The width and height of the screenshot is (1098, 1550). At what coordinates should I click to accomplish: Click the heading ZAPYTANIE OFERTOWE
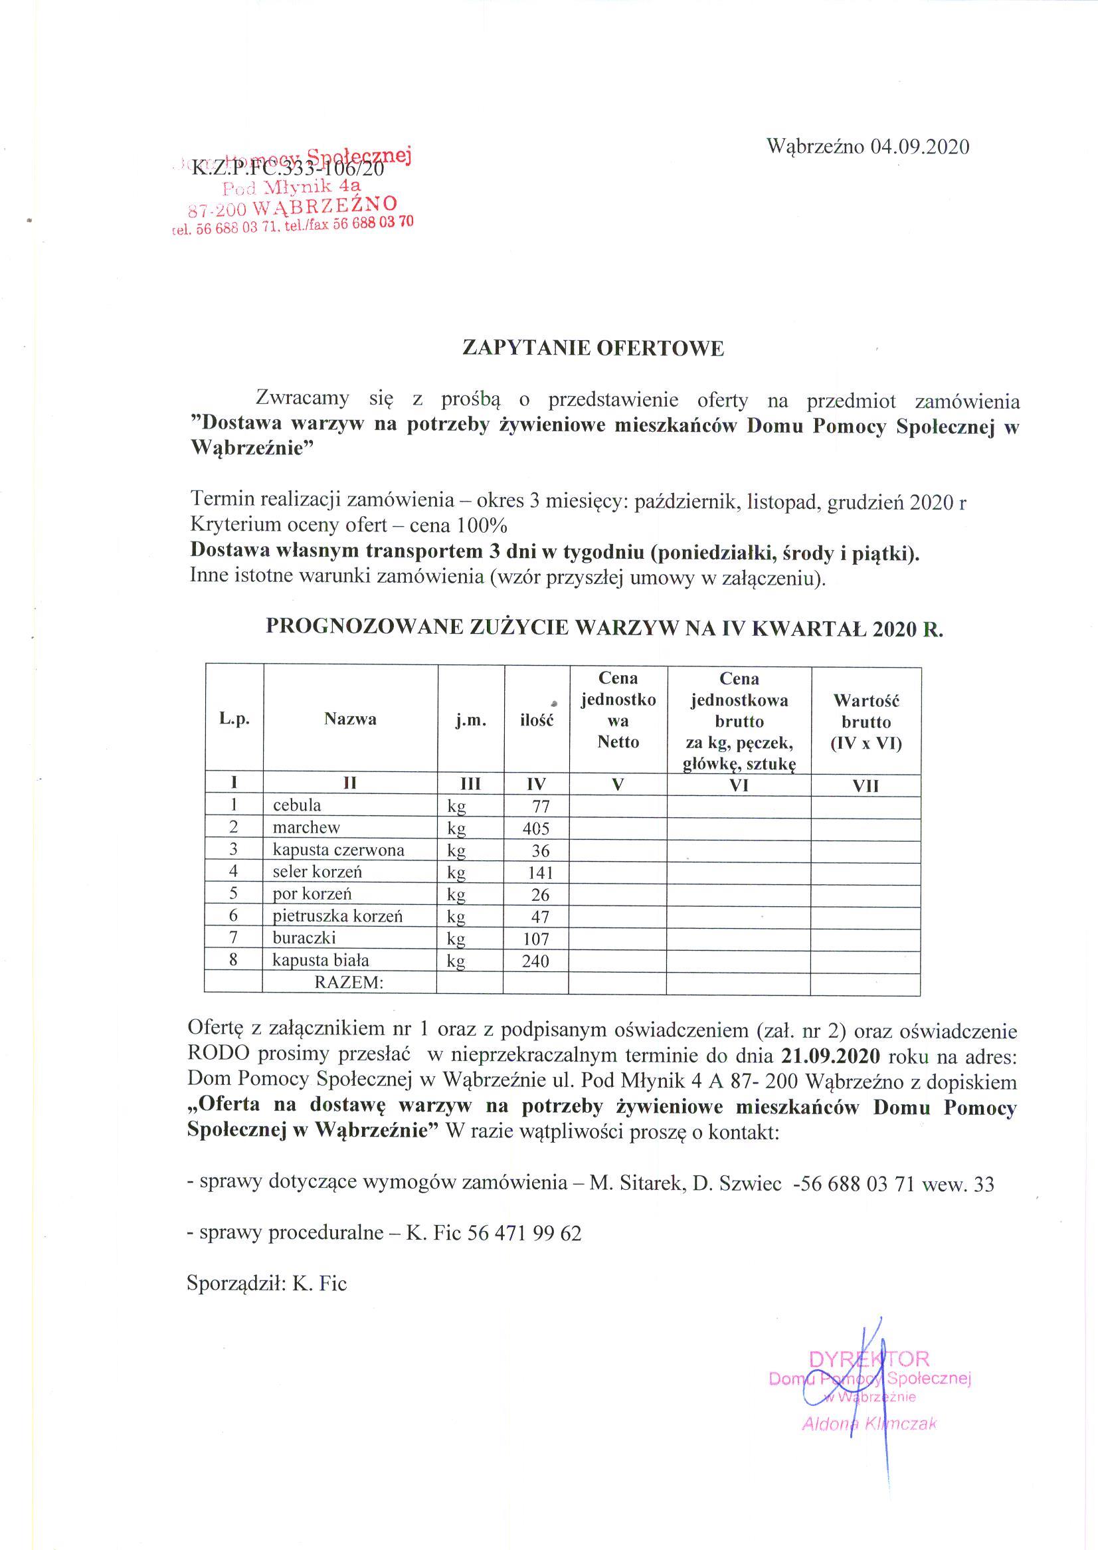[x=593, y=348]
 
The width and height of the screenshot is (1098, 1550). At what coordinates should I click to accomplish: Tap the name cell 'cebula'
[x=297, y=805]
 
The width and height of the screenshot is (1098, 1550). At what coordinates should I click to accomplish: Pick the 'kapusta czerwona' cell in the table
[x=338, y=850]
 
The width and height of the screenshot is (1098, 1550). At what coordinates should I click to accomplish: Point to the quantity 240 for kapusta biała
[x=535, y=961]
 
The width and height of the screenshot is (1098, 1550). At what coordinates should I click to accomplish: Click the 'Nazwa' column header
[x=349, y=720]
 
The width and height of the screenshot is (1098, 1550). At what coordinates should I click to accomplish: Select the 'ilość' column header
[x=536, y=720]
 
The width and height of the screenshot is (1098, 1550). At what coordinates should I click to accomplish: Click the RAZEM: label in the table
[x=349, y=983]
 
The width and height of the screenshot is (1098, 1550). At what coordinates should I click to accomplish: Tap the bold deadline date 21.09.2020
[x=830, y=1056]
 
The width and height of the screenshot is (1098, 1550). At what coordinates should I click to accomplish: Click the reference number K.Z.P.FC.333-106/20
[x=289, y=168]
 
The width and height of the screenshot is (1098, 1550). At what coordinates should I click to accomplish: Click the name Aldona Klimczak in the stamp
[x=869, y=1424]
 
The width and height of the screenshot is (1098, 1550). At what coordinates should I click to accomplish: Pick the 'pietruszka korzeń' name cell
[x=337, y=916]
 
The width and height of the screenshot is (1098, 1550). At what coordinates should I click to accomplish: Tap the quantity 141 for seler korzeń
[x=539, y=873]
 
